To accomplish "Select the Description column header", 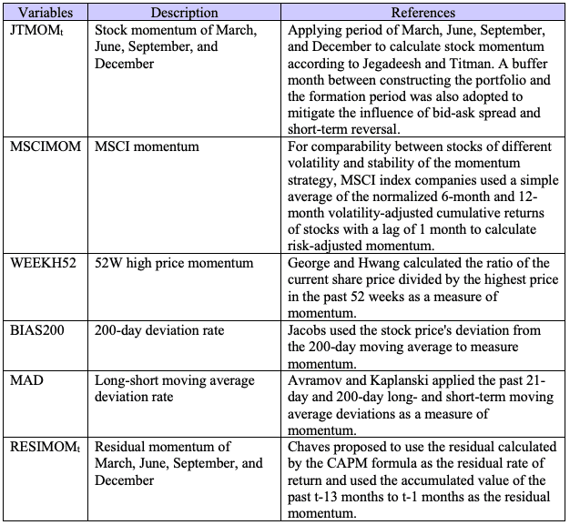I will (184, 13).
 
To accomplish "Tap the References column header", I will (422, 13).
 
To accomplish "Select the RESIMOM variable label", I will (44, 447).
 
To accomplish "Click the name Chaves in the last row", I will (312, 447).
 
